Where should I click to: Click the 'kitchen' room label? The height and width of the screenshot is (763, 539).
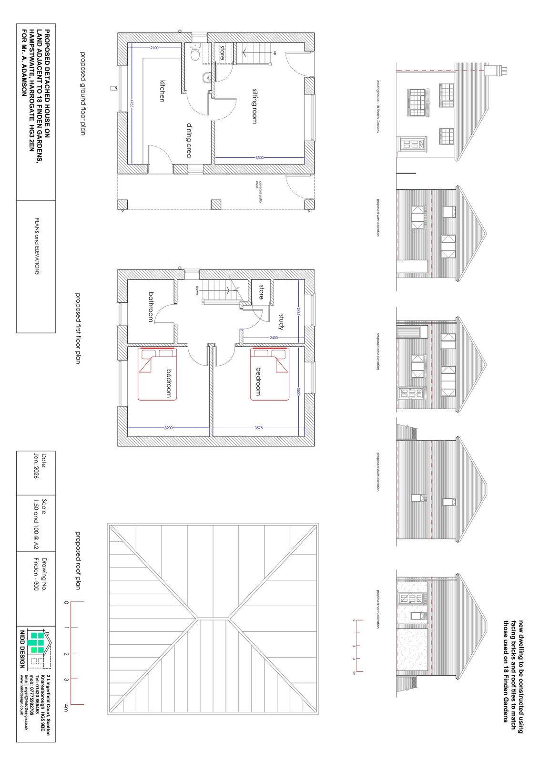(162, 91)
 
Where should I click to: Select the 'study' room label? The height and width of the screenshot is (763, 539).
(281, 321)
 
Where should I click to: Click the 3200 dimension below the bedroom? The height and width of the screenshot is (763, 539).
(168, 428)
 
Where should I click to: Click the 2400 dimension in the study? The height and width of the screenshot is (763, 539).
(274, 338)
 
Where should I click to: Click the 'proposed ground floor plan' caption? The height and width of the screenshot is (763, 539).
(82, 94)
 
